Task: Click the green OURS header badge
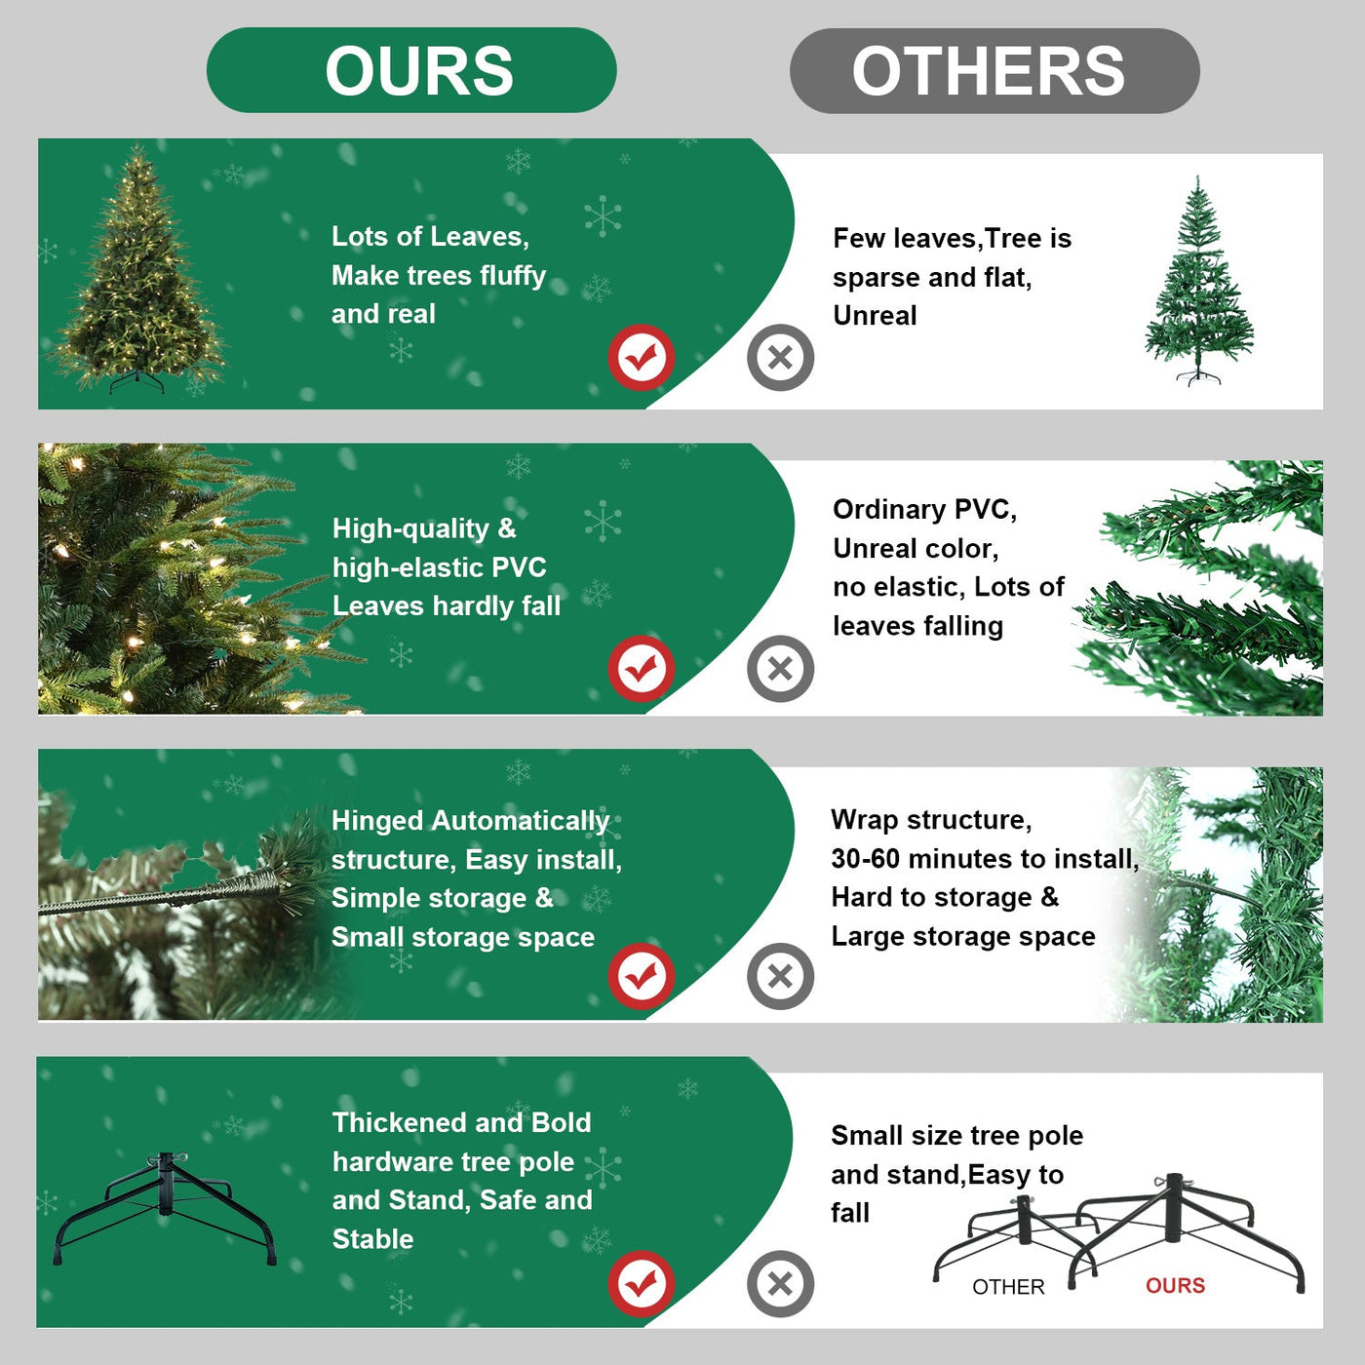pyautogui.click(x=411, y=70)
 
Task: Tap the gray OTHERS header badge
pyautogui.click(x=994, y=71)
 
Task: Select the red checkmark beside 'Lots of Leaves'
pyautogui.click(x=641, y=358)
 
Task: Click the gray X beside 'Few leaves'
pyautogui.click(x=780, y=358)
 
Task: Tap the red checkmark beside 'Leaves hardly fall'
pyautogui.click(x=641, y=669)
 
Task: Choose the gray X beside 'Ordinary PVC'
pyautogui.click(x=780, y=669)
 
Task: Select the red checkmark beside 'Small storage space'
pyautogui.click(x=641, y=976)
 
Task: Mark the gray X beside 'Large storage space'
pyautogui.click(x=780, y=976)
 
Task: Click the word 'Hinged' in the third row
pyautogui.click(x=376, y=821)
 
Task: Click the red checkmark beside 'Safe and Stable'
pyautogui.click(x=641, y=1283)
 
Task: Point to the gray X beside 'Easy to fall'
pyautogui.click(x=780, y=1283)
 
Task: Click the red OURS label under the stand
pyautogui.click(x=1175, y=1286)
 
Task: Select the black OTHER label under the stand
pyautogui.click(x=1008, y=1287)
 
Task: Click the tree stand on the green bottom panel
pyautogui.click(x=164, y=1207)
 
